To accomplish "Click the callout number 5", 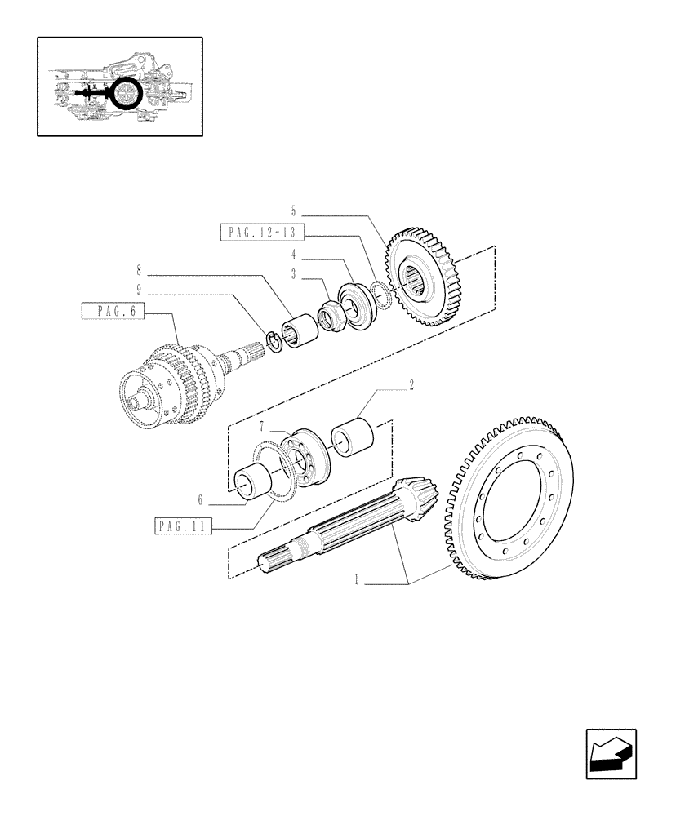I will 294,210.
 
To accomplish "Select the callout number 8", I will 140,268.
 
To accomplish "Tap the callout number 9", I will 140,289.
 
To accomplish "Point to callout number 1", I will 357,581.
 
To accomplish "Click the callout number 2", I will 411,384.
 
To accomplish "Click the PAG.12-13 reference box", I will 262,233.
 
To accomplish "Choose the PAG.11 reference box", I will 181,527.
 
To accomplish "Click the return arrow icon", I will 610,754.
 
